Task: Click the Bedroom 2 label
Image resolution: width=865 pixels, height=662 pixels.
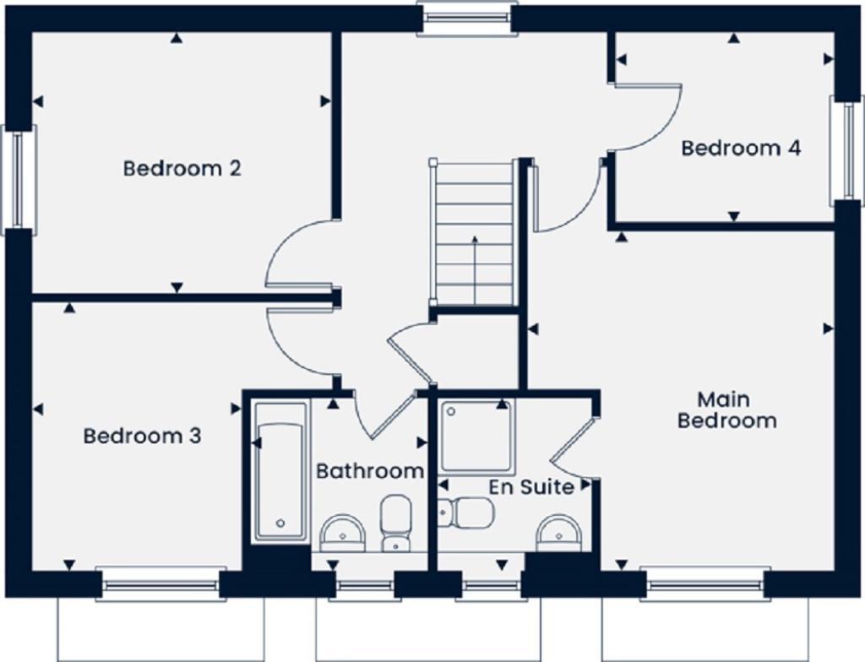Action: click(182, 168)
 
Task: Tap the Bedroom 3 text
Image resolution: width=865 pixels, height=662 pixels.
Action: click(142, 437)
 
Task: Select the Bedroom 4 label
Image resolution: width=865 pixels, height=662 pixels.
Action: click(741, 149)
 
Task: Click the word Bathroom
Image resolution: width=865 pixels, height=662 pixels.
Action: click(369, 471)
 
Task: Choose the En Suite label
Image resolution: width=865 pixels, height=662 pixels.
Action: click(532, 487)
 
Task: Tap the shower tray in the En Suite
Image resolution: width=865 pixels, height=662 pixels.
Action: click(476, 437)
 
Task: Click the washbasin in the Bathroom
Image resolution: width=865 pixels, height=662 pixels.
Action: click(343, 532)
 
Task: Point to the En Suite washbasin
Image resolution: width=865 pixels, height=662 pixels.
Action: click(559, 531)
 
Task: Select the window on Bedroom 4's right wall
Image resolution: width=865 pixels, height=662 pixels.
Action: click(846, 149)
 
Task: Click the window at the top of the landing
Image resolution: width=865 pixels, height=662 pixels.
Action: click(467, 19)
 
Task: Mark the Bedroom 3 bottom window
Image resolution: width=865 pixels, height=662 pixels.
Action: click(160, 583)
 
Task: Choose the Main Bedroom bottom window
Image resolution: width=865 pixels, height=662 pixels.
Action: click(705, 583)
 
